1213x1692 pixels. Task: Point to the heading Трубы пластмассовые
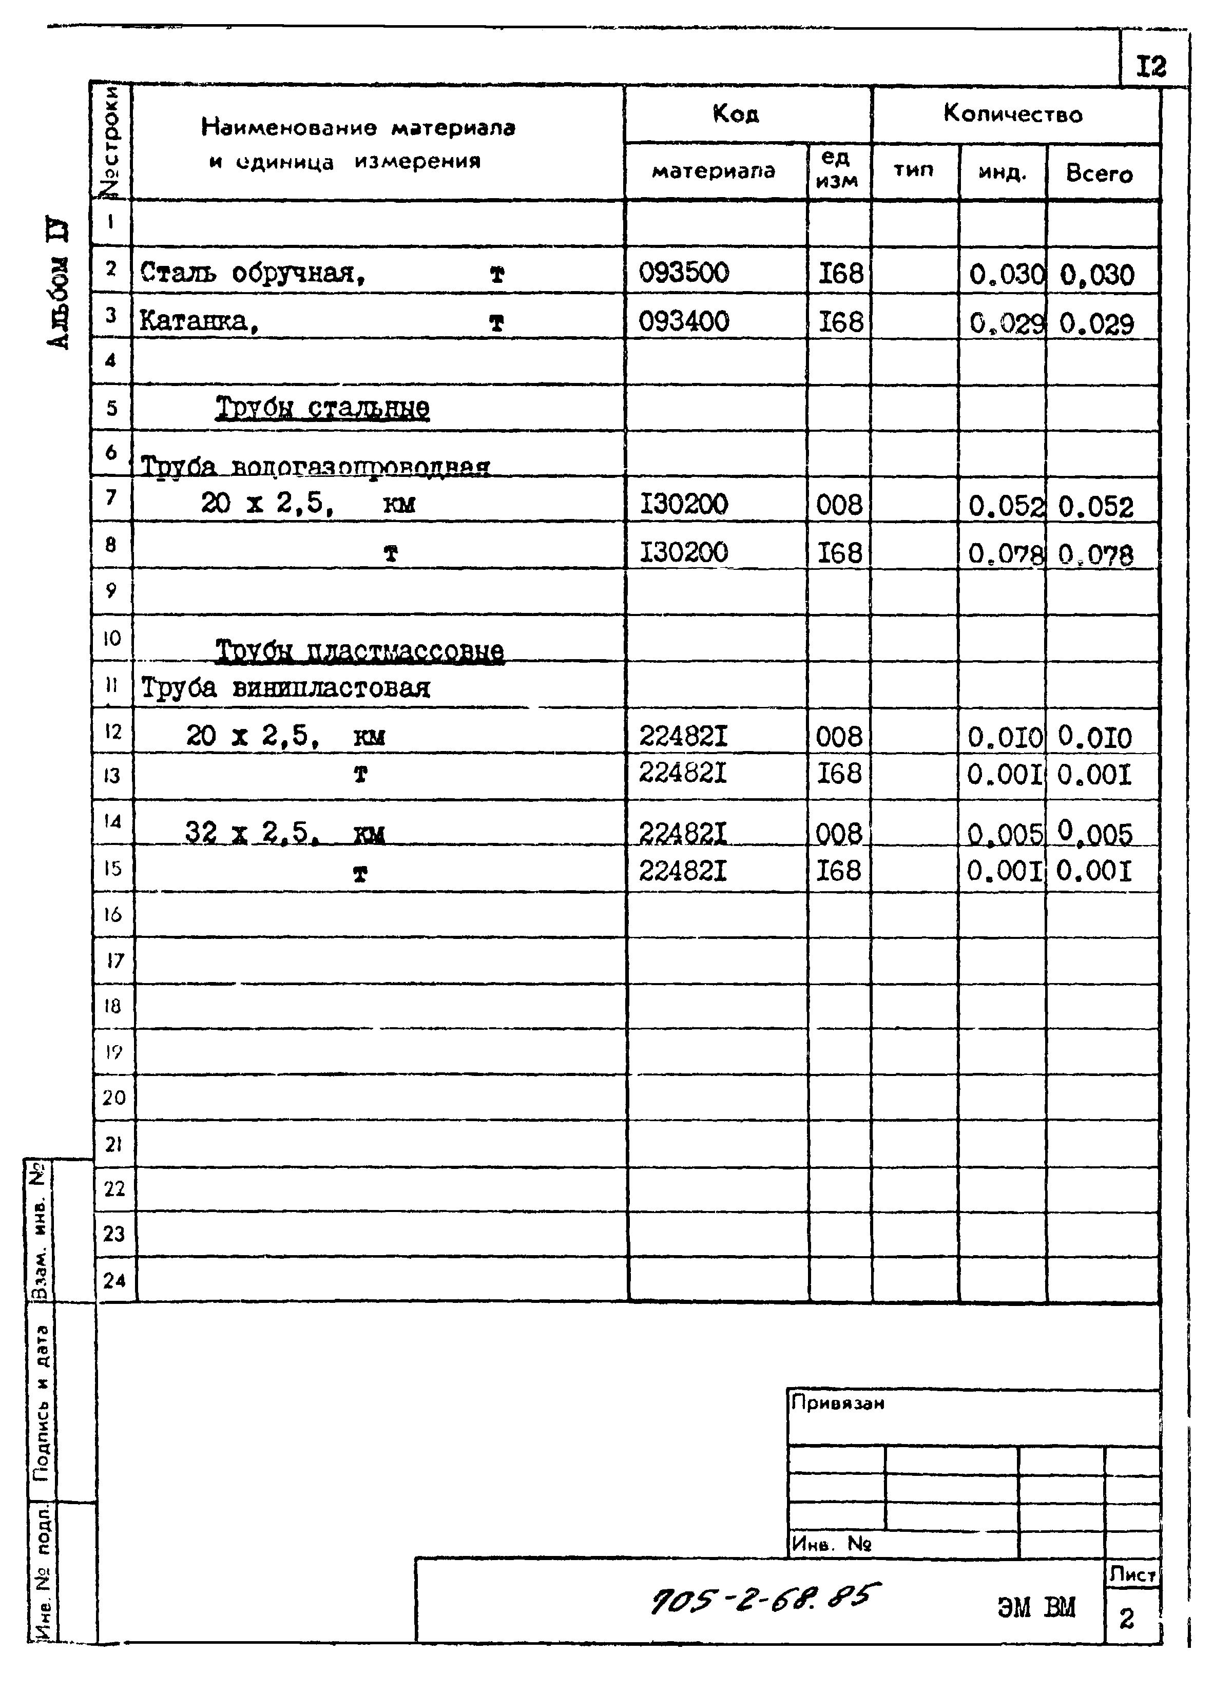point(359,650)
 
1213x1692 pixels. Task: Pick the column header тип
point(913,170)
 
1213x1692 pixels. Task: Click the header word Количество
point(1012,114)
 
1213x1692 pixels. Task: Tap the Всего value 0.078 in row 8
point(1095,555)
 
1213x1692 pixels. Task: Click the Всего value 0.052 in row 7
point(1095,507)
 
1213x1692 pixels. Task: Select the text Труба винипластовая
point(285,687)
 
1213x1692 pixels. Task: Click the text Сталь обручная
point(252,273)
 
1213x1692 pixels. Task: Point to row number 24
point(114,1281)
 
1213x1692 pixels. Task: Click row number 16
point(112,915)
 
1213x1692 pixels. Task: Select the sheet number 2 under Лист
point(1126,1618)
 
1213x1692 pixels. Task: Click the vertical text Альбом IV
point(58,283)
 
